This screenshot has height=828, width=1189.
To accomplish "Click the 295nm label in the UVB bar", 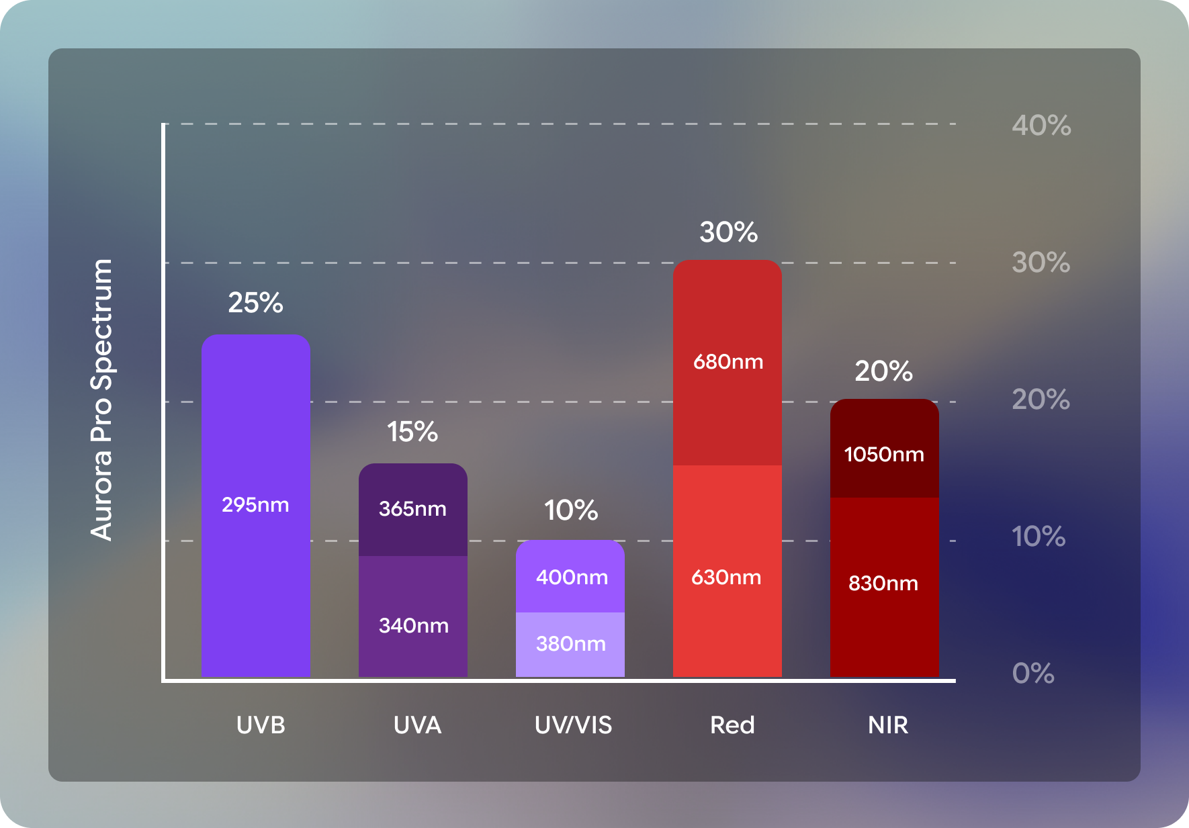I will (x=255, y=504).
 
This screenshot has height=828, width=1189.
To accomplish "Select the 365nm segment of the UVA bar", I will (x=412, y=509).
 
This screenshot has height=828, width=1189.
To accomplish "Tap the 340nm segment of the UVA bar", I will (x=413, y=625).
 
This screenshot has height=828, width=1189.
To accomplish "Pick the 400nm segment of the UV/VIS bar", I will (x=571, y=577).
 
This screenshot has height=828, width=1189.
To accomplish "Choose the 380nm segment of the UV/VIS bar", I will (x=570, y=644).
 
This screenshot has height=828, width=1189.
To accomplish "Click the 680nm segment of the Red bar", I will (x=728, y=362).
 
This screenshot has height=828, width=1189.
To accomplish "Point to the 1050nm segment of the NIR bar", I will (x=884, y=454).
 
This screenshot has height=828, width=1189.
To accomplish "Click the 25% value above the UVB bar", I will (x=255, y=303).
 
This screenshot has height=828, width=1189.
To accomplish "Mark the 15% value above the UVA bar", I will (x=412, y=432).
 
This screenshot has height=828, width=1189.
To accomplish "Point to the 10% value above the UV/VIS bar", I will (x=571, y=510).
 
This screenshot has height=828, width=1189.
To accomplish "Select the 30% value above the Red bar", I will (x=728, y=232).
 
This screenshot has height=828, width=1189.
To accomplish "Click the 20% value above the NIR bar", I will (x=883, y=371).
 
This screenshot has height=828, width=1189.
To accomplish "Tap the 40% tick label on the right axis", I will (x=1041, y=126).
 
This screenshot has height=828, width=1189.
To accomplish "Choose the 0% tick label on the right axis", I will (x=1033, y=673).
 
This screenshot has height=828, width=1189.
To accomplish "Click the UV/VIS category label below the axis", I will (x=573, y=725).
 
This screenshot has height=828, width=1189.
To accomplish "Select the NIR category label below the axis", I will (x=888, y=725).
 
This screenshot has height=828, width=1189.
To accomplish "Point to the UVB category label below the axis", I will (x=261, y=725).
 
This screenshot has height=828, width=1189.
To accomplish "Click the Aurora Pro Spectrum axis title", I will (x=102, y=400).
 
